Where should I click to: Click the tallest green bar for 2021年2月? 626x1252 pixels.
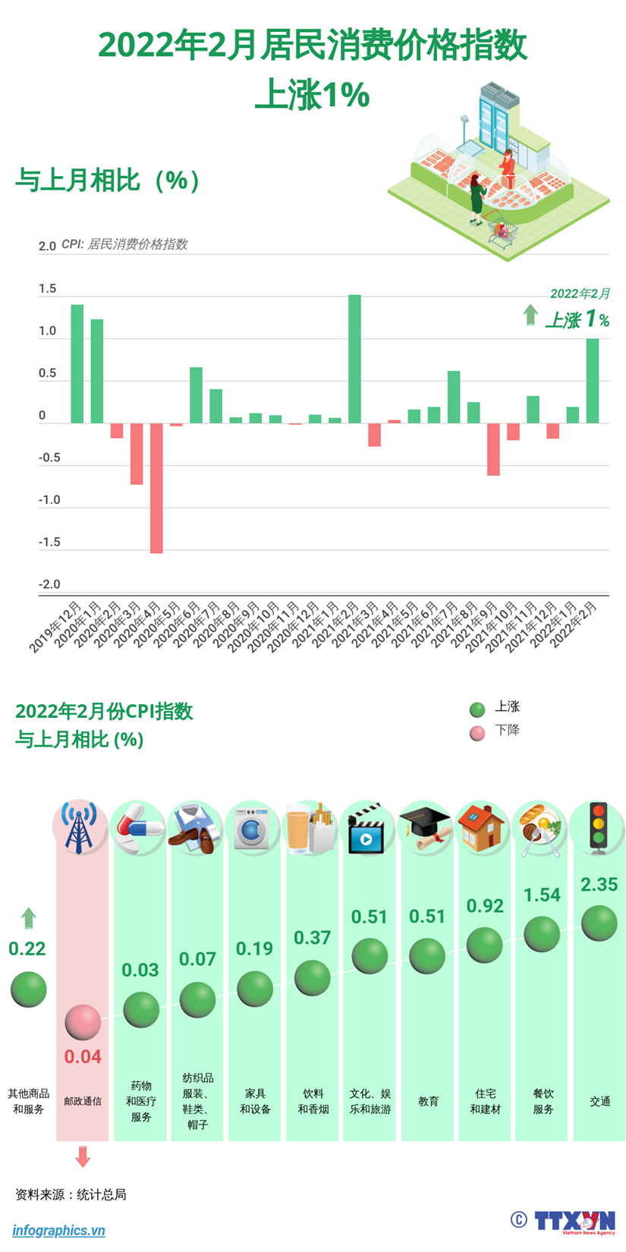point(354,359)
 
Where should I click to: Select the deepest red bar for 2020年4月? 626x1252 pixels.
point(156,488)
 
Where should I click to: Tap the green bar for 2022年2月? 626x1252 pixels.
point(593,381)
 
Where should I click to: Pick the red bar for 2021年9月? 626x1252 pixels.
point(493,449)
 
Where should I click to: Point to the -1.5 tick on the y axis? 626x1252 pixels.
point(49,543)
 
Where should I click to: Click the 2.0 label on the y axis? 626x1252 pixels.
point(47,246)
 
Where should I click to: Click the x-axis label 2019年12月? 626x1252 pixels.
point(56,627)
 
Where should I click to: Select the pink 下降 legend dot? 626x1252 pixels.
point(477,733)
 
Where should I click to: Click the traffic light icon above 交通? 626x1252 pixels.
point(599,828)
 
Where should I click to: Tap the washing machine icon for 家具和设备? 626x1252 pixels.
point(253,829)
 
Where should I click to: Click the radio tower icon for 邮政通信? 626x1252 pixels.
point(80,829)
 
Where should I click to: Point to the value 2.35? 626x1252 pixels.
point(599,885)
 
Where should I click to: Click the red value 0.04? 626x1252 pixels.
point(83,1056)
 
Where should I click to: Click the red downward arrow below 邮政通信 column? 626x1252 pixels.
point(83,1157)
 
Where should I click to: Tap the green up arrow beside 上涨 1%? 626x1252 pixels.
point(530,315)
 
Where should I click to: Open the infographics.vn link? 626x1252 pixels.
point(58,1231)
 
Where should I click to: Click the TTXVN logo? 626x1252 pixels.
point(574,1221)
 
